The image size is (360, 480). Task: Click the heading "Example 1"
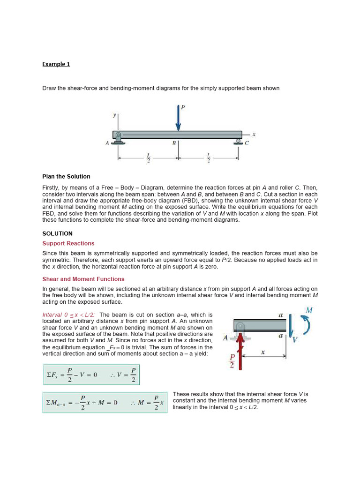click(56, 64)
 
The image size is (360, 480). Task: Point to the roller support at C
click(239, 142)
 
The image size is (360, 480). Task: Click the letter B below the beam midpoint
click(174, 143)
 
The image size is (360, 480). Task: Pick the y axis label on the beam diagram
click(114, 115)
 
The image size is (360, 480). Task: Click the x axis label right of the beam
click(254, 135)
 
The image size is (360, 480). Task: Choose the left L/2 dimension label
click(148, 158)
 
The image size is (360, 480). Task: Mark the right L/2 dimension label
click(209, 158)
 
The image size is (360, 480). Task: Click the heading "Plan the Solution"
click(66, 177)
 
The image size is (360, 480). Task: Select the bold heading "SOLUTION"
click(57, 233)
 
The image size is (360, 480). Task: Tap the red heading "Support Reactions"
click(68, 243)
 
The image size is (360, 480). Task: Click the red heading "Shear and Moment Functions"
click(83, 279)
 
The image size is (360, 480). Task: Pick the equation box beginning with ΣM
click(105, 402)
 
